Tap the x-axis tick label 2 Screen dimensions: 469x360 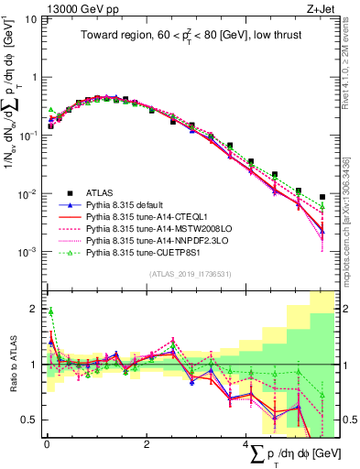pos(147,444)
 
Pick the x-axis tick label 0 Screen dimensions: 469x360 pos(46,444)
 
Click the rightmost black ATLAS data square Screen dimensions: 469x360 pos(322,196)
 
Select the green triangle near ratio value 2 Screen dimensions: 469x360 pos(50,311)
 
